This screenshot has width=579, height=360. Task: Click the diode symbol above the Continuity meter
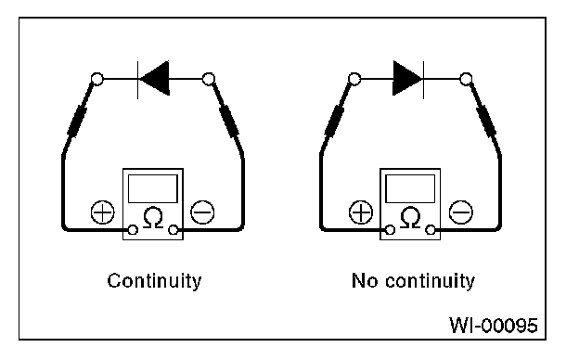(x=154, y=79)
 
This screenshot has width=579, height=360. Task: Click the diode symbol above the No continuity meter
(x=408, y=79)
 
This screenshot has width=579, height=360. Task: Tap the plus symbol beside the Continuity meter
(x=103, y=212)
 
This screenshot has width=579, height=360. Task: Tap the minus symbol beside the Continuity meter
(x=202, y=212)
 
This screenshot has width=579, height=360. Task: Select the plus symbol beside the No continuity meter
(x=361, y=212)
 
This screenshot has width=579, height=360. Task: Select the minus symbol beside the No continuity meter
(x=460, y=212)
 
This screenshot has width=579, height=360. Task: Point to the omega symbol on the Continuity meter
(x=153, y=218)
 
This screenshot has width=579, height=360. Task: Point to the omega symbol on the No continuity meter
(x=410, y=218)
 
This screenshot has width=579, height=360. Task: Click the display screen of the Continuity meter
(x=153, y=188)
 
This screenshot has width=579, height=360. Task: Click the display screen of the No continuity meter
(x=410, y=188)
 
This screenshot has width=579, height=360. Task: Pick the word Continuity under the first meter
(x=154, y=281)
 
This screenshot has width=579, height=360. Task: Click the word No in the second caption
(x=365, y=280)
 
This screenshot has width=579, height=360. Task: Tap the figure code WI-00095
(x=494, y=326)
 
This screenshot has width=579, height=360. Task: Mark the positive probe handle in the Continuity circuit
(x=77, y=122)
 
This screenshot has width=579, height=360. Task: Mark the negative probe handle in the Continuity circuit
(x=228, y=122)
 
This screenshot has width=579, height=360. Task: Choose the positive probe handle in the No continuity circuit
(x=335, y=122)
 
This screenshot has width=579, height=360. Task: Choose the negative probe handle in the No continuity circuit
(x=486, y=122)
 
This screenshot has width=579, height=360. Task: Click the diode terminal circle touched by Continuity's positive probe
(x=97, y=79)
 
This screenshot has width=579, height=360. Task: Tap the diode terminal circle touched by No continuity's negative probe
(x=466, y=79)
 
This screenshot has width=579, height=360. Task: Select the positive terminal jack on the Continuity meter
(x=133, y=230)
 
